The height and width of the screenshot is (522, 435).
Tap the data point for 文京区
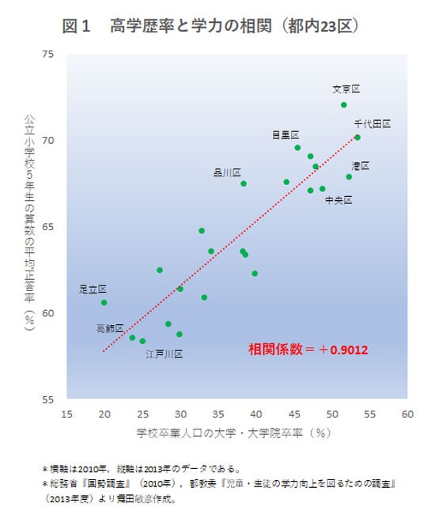pyautogui.click(x=344, y=104)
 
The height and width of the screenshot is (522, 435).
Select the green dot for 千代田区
pyautogui.click(x=357, y=138)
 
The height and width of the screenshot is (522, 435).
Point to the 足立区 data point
pyautogui.click(x=104, y=302)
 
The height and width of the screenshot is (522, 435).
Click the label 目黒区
pyautogui.click(x=286, y=134)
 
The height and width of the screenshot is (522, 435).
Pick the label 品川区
pyautogui.click(x=227, y=172)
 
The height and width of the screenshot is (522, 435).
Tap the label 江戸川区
pyautogui.click(x=164, y=354)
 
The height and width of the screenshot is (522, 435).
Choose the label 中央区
pyautogui.click(x=339, y=200)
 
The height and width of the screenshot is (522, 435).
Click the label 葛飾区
pyautogui.click(x=110, y=328)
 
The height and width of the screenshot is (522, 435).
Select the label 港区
pyautogui.click(x=361, y=165)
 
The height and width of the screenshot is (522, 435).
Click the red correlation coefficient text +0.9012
pyautogui.click(x=308, y=348)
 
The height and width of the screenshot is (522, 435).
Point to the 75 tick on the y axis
pyautogui.click(x=48, y=54)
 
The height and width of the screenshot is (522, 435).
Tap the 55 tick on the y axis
pyautogui.click(x=48, y=399)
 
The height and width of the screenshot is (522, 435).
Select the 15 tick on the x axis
pyautogui.click(x=66, y=414)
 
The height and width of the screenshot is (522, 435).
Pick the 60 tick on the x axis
pyautogui.click(x=408, y=414)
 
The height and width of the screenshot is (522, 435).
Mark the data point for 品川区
pyautogui.click(x=244, y=183)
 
